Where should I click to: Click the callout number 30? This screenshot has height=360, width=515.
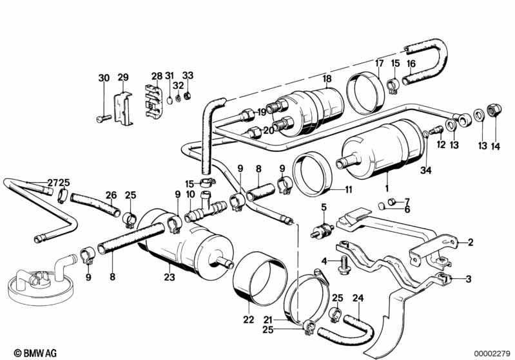coord(104,78)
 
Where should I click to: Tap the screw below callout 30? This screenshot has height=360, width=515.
coord(104,119)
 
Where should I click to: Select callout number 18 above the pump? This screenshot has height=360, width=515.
coord(327,78)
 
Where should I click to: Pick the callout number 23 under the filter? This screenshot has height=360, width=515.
coord(170,278)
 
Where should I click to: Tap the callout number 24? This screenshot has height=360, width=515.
coord(358,298)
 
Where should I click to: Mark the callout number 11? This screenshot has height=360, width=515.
coord(349,190)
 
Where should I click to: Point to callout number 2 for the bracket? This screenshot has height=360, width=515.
coord(470,242)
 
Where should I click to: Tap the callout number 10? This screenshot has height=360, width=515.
coord(190,194)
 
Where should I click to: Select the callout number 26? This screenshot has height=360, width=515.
coord(111,194)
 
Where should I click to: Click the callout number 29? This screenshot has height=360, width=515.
coord(123,77)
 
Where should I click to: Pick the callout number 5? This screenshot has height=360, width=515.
coord(324,207)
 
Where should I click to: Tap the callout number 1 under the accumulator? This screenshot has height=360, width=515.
coord(386,189)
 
